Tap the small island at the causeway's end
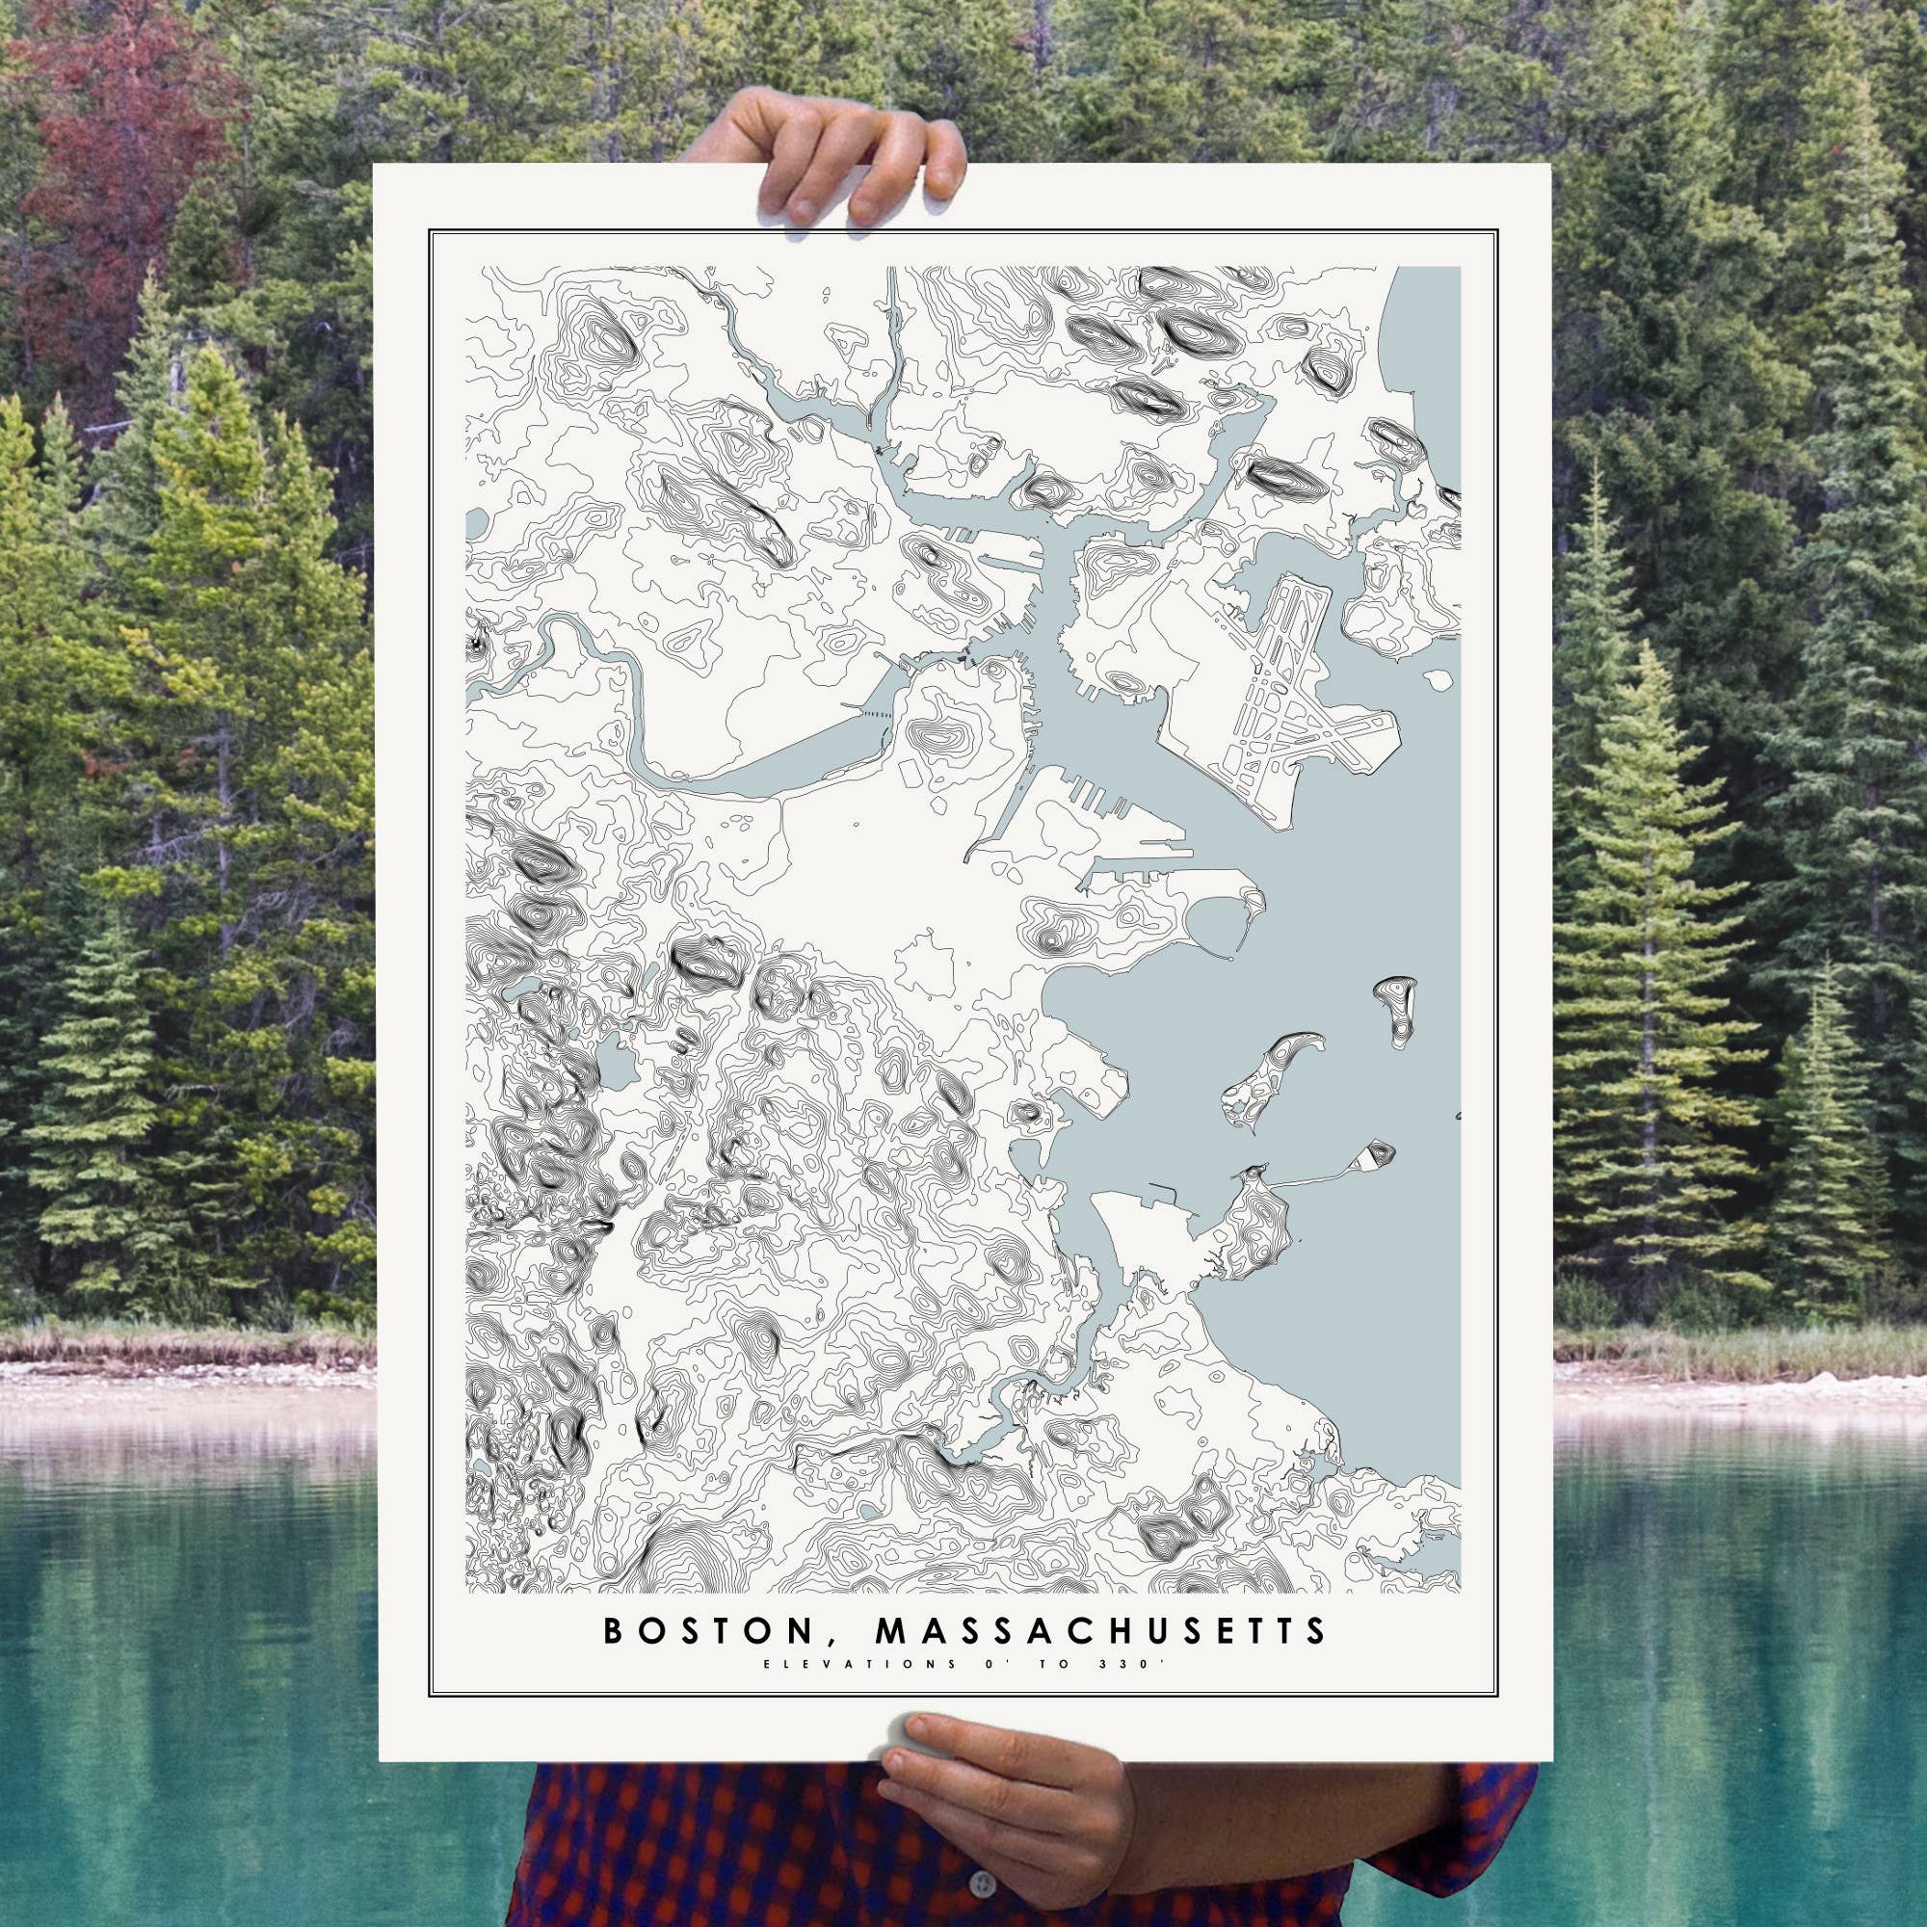pyautogui.click(x=1380, y=1155)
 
